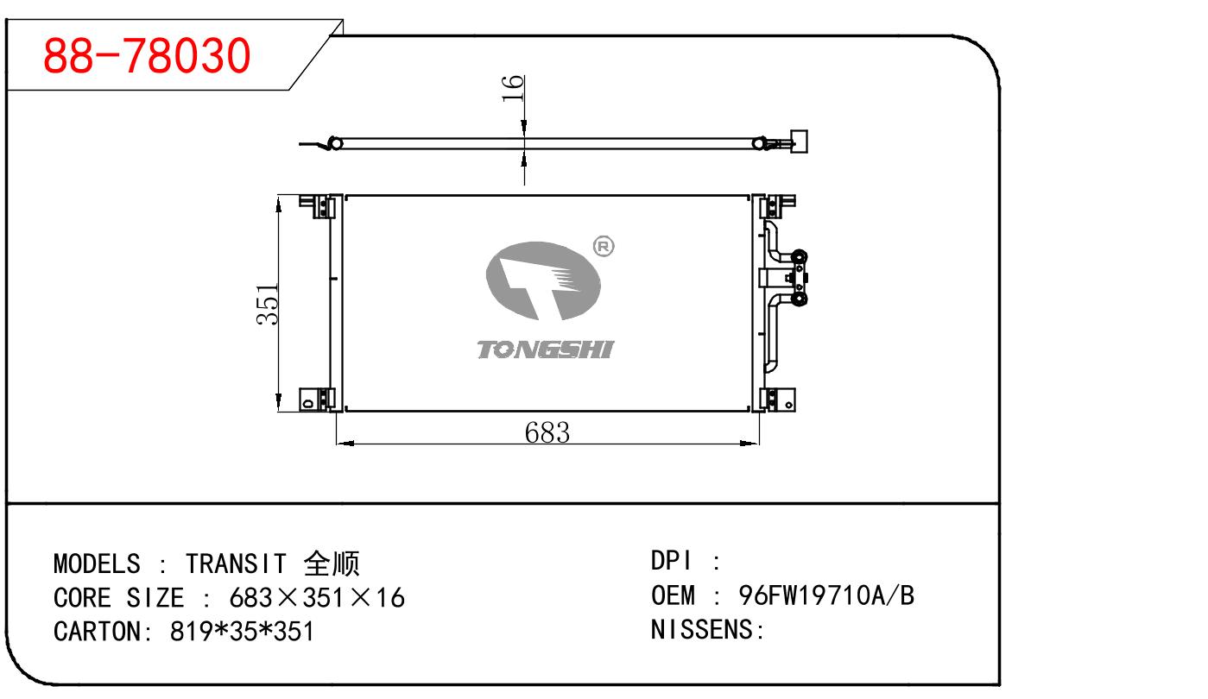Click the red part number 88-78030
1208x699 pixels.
(147, 55)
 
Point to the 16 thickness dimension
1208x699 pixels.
(513, 88)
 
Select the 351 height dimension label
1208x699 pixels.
(269, 304)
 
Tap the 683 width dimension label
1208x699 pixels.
(547, 431)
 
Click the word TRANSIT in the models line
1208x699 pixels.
(235, 564)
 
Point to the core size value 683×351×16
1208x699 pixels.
(316, 597)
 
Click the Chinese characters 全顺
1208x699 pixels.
(331, 564)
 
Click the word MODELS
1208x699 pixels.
(96, 564)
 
